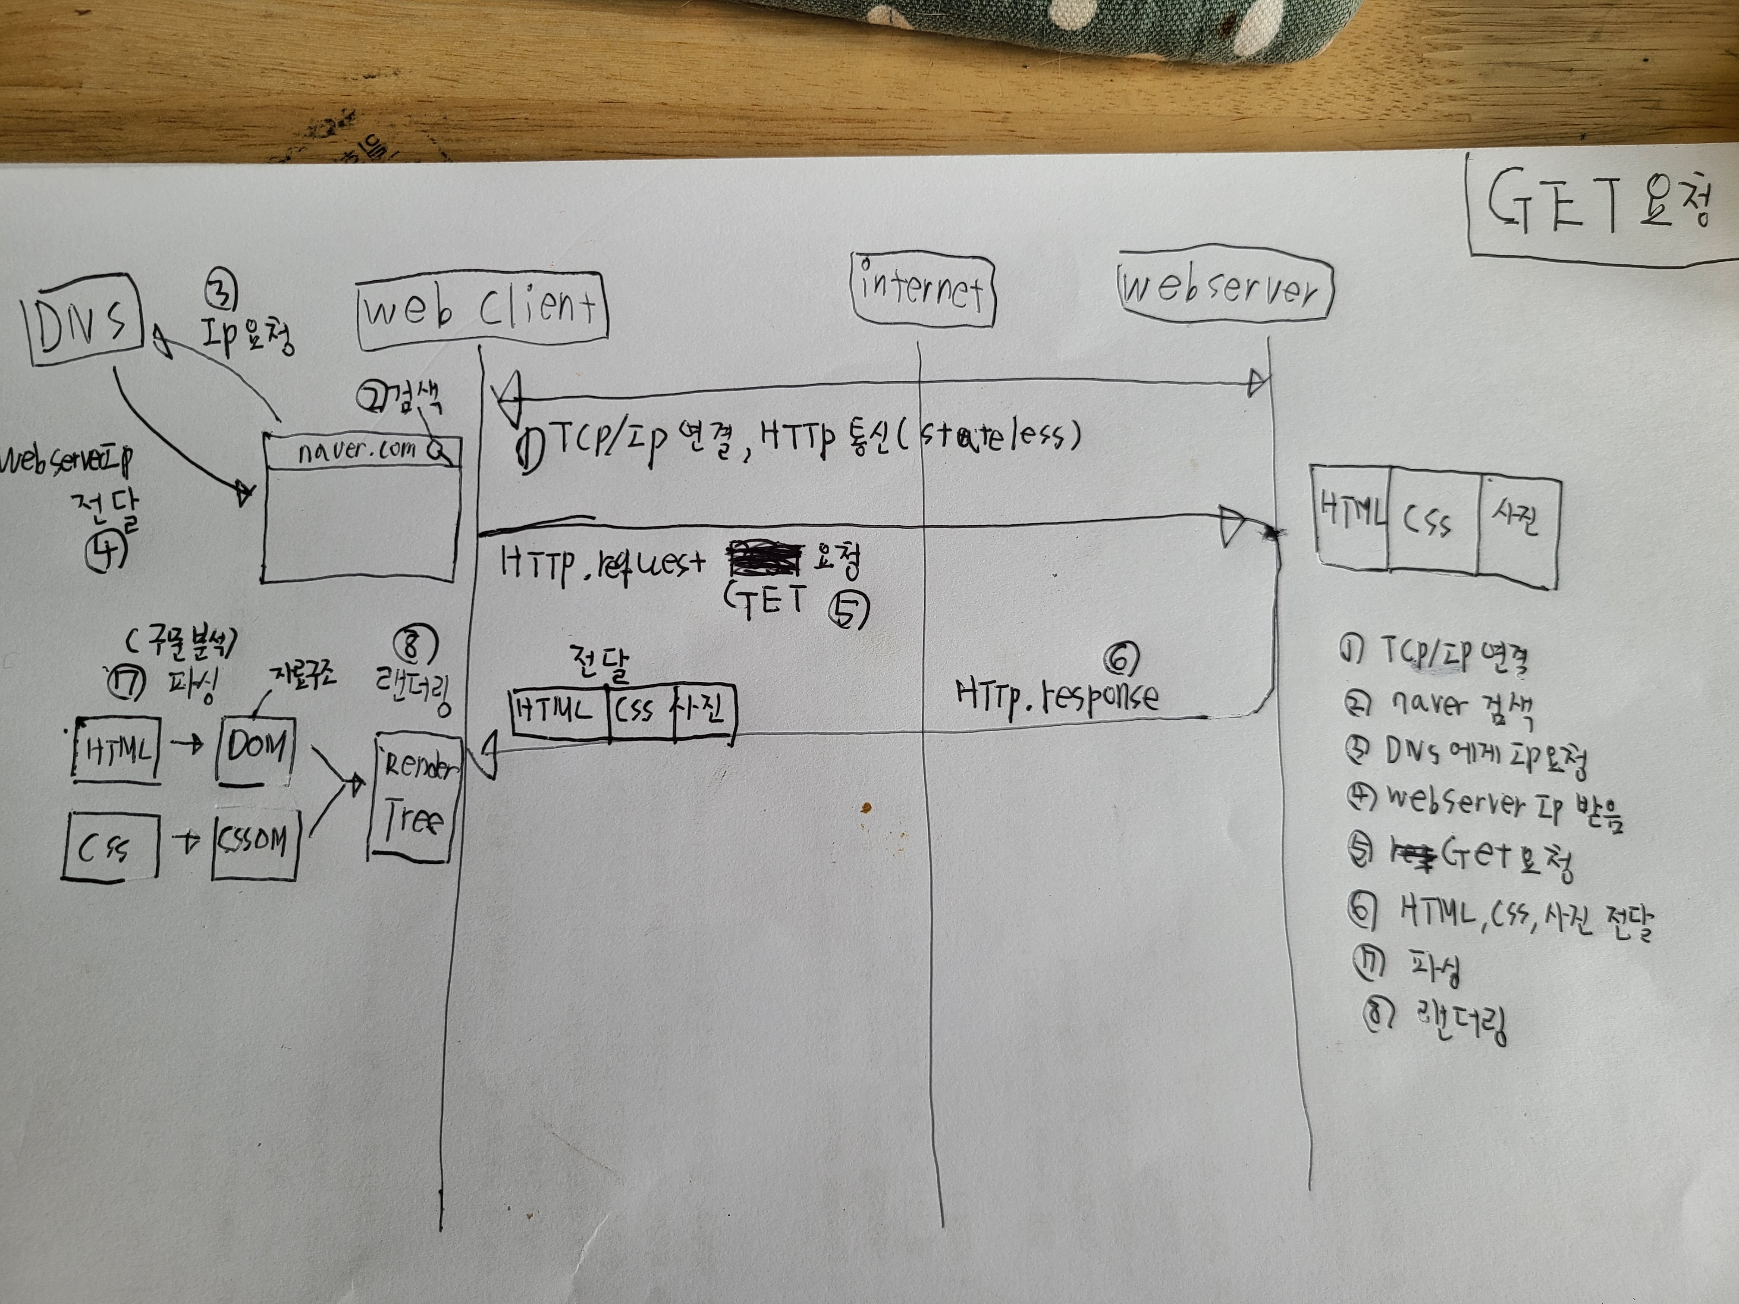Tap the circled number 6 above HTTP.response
[x=1121, y=658]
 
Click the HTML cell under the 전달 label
[x=558, y=712]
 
